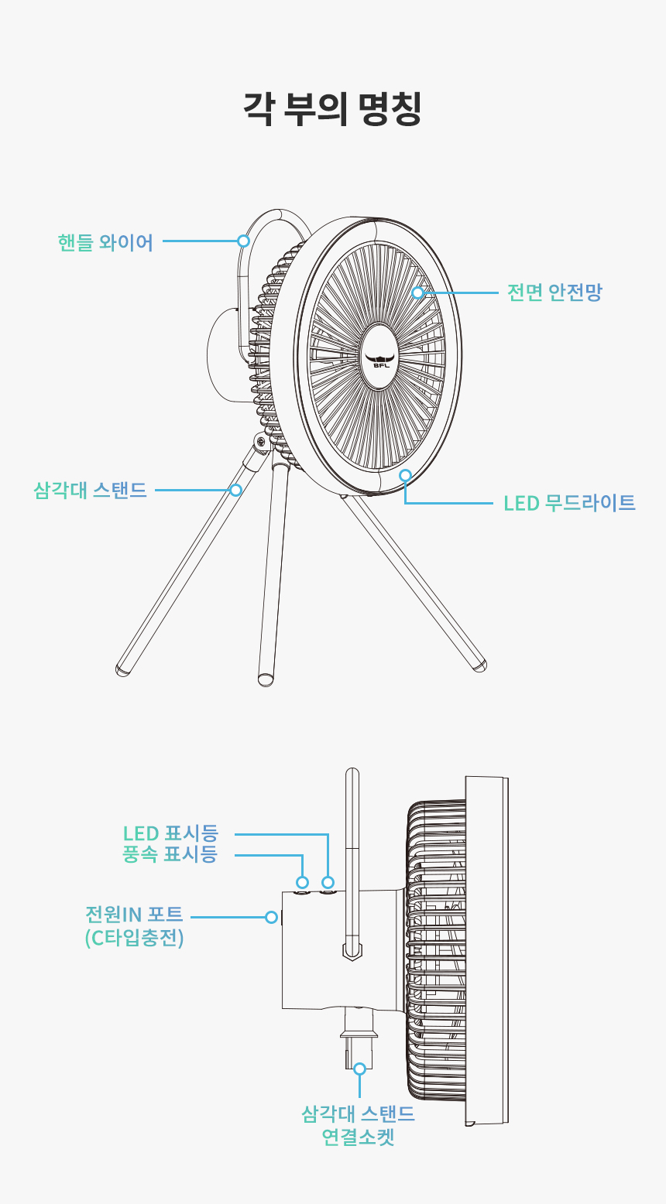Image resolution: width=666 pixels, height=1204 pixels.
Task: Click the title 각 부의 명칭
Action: click(332, 109)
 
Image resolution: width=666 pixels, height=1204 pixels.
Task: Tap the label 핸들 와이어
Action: click(105, 242)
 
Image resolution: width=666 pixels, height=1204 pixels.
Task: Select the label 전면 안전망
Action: click(554, 292)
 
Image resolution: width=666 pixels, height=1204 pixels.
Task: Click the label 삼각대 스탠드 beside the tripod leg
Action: click(90, 491)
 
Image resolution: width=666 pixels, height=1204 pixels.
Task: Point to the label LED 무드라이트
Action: click(569, 503)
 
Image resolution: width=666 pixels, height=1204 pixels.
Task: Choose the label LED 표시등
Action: click(170, 833)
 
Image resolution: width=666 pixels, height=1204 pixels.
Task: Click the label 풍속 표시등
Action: click(170, 853)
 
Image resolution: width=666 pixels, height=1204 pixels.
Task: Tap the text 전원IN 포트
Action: click(134, 915)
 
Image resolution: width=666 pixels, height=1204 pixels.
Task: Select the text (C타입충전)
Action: click(135, 938)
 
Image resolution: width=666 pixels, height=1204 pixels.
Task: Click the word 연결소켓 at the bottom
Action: click(359, 1137)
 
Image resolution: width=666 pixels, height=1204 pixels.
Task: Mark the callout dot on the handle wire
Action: click(244, 241)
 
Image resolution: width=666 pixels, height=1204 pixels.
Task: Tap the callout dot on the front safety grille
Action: click(418, 292)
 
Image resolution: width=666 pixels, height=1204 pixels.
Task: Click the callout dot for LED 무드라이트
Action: click(406, 475)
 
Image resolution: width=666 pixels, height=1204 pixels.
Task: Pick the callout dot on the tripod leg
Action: click(235, 490)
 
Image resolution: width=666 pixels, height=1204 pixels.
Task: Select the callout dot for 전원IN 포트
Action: click(272, 917)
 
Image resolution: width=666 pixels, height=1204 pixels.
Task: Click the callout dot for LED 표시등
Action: click(328, 882)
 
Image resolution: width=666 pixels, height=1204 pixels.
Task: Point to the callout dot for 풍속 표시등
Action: click(302, 882)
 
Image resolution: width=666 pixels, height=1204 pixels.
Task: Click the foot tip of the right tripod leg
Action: click(480, 666)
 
